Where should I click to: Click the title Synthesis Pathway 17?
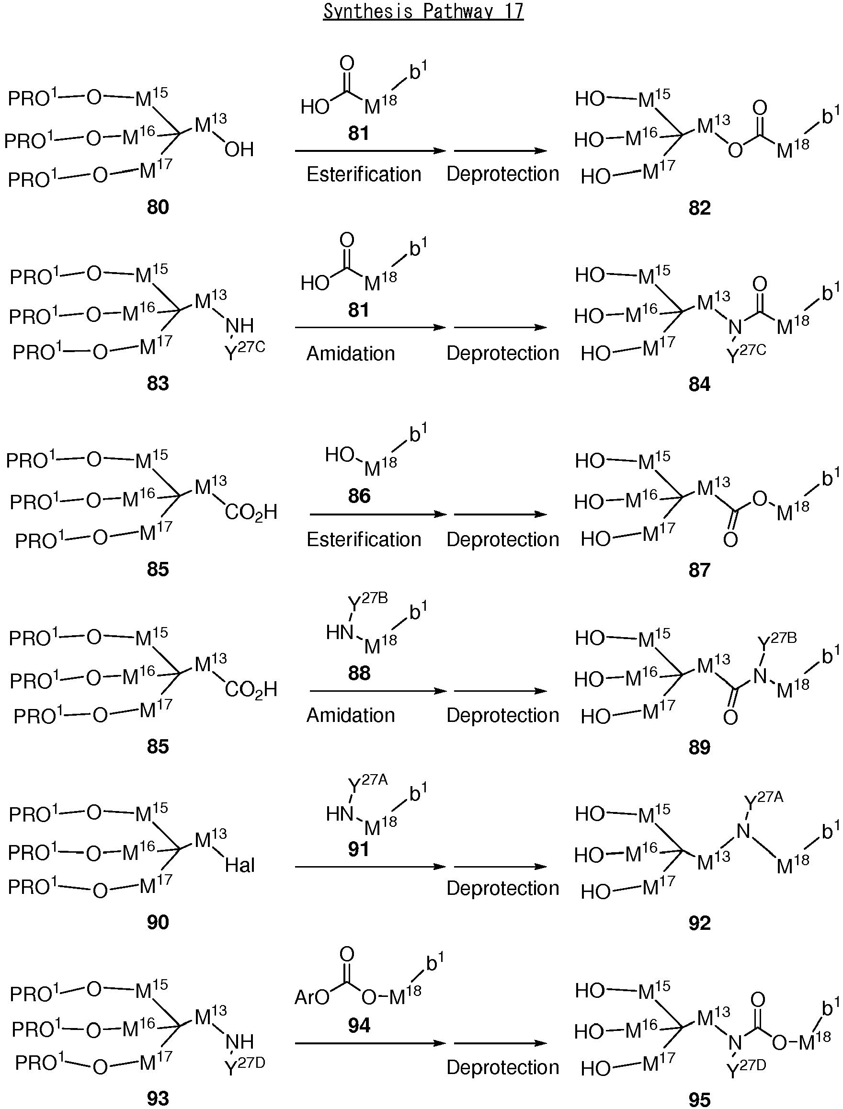pyautogui.click(x=423, y=11)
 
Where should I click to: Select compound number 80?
pyautogui.click(x=158, y=207)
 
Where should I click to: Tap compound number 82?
pyautogui.click(x=699, y=208)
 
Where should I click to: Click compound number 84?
pyautogui.click(x=699, y=384)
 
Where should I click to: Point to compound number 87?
pyautogui.click(x=699, y=570)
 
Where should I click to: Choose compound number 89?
pyautogui.click(x=699, y=747)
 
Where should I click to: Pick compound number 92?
pyautogui.click(x=699, y=923)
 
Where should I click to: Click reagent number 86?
pyautogui.click(x=359, y=496)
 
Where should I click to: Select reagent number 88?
pyautogui.click(x=359, y=673)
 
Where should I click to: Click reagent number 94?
pyautogui.click(x=359, y=1025)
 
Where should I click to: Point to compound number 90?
pyautogui.click(x=158, y=922)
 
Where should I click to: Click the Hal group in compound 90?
pyautogui.click(x=240, y=865)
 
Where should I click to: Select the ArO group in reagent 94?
pyautogui.click(x=312, y=996)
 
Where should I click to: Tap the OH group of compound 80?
pyautogui.click(x=239, y=149)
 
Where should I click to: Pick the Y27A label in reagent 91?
pyautogui.click(x=368, y=783)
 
